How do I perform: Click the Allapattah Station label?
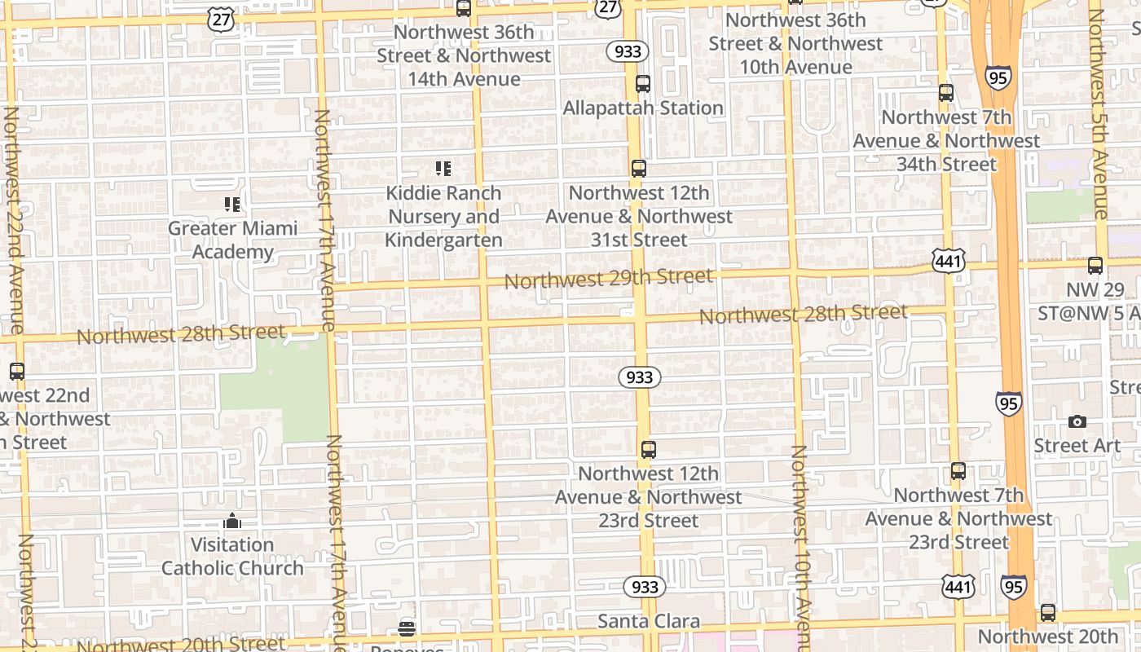tap(643, 108)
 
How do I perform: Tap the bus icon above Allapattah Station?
tap(643, 83)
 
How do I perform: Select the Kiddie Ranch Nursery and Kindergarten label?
tap(443, 217)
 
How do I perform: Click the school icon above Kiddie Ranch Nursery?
tap(443, 169)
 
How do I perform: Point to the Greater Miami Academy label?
tap(232, 240)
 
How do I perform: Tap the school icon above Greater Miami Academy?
tap(232, 204)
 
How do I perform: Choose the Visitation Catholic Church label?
tap(232, 556)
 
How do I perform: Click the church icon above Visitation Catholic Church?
tap(232, 521)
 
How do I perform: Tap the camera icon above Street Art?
tap(1077, 421)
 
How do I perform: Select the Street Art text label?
tap(1077, 446)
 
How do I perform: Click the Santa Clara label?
tap(649, 621)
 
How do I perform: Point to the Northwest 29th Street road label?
tap(609, 279)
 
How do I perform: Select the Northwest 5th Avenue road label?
tap(1099, 114)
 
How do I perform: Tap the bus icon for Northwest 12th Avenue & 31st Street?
tap(639, 169)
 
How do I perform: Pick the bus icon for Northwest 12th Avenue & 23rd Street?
tap(649, 449)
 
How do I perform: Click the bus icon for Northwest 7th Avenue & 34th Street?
tap(946, 93)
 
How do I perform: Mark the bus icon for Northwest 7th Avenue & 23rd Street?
tap(958, 471)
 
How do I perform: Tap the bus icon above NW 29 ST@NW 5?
tap(1095, 266)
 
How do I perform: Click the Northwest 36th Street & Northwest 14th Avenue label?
tap(464, 55)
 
